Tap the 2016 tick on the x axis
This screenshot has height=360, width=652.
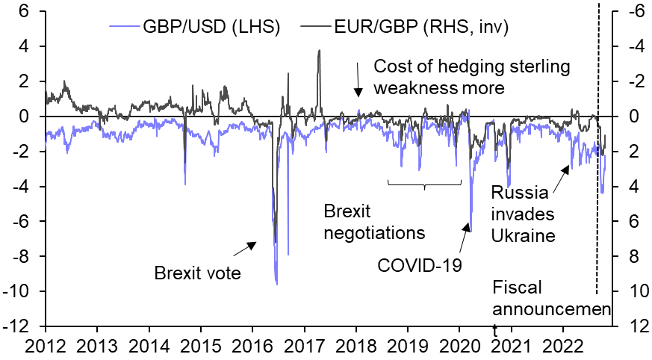click(252, 345)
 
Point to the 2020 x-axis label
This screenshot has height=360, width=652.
click(459, 345)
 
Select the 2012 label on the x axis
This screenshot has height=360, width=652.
click(46, 345)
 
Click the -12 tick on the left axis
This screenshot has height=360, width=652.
click(19, 326)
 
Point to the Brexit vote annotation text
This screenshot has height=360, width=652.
click(197, 273)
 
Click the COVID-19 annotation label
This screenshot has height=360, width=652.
click(420, 264)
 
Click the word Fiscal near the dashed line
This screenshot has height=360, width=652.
click(517, 288)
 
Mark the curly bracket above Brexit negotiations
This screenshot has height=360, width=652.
click(424, 184)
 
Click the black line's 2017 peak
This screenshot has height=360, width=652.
click(320, 50)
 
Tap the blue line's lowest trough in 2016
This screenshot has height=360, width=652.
click(277, 285)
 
